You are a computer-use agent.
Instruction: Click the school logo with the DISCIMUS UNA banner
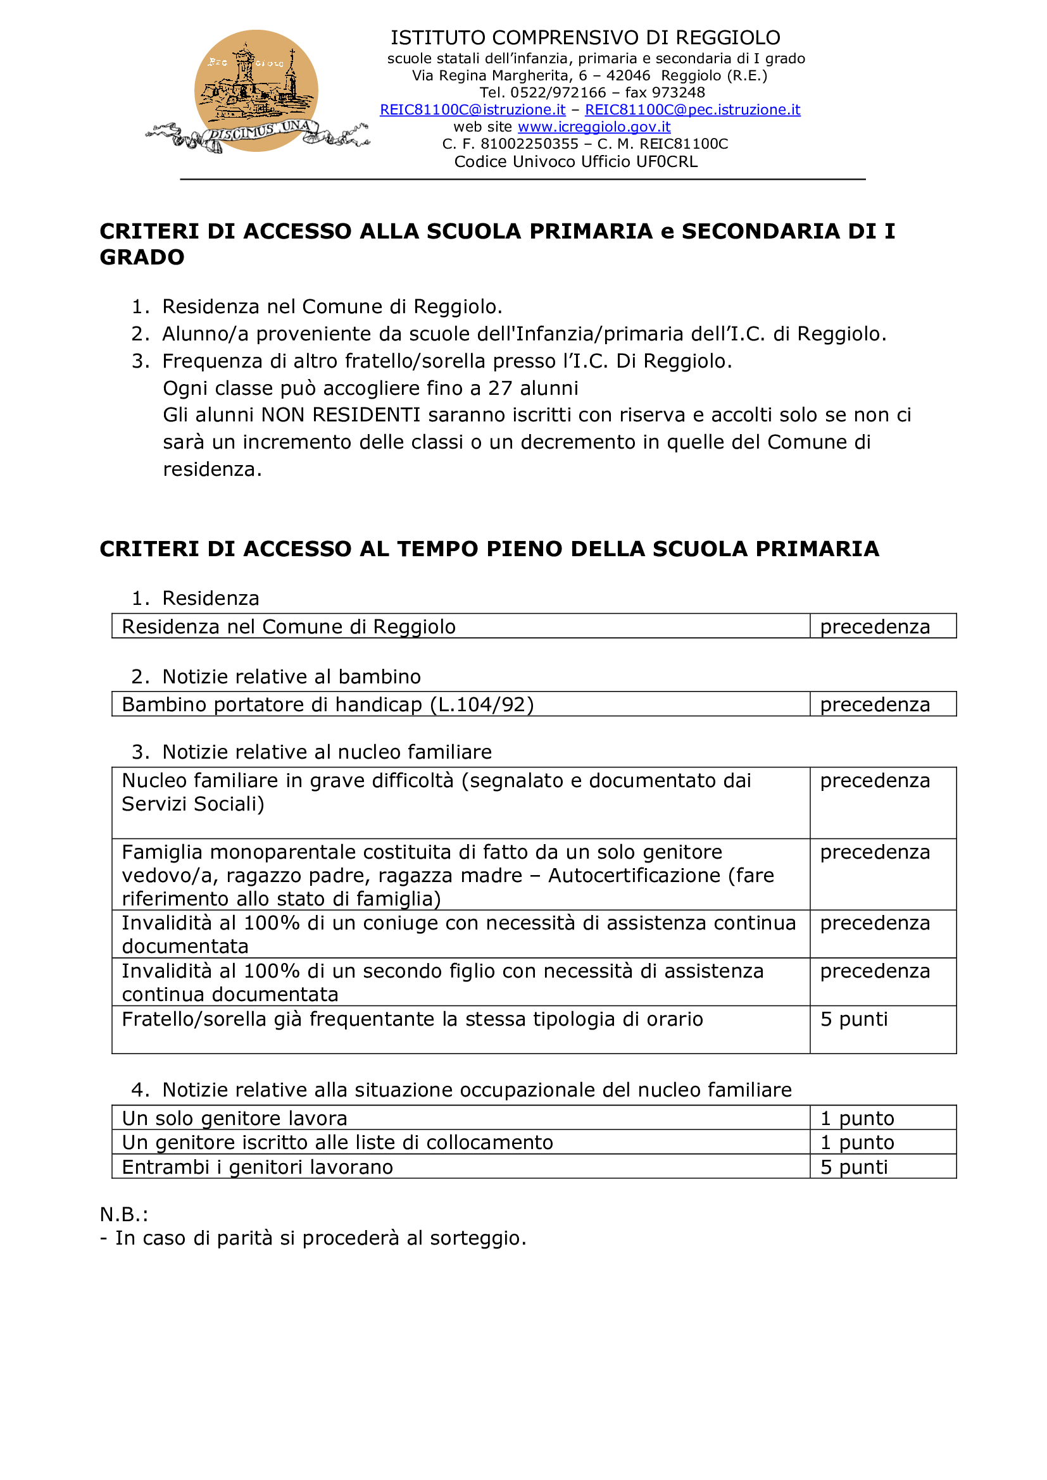pyautogui.click(x=256, y=92)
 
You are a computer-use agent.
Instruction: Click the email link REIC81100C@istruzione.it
pyautogui.click(x=473, y=110)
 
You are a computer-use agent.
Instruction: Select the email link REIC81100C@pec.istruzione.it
pyautogui.click(x=693, y=110)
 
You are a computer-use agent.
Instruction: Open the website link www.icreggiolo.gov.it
pyautogui.click(x=594, y=127)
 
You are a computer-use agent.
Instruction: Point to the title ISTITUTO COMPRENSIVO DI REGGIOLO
pyautogui.click(x=586, y=37)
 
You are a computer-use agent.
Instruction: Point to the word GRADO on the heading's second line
pyautogui.click(x=142, y=257)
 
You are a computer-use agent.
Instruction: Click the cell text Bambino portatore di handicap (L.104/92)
pyautogui.click(x=327, y=704)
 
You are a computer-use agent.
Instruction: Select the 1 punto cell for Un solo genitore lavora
pyautogui.click(x=857, y=1118)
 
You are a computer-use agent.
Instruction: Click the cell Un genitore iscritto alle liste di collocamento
pyautogui.click(x=337, y=1142)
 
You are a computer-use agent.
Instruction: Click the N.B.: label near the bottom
pyautogui.click(x=124, y=1214)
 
